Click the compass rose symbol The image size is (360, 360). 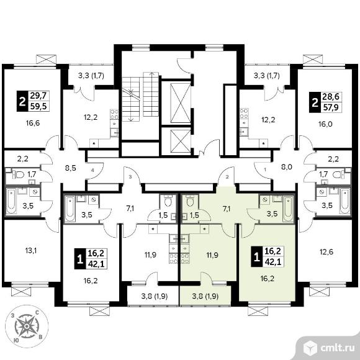[x=27, y=326]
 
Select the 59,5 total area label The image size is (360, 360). [x=38, y=107]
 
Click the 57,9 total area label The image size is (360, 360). [x=331, y=107]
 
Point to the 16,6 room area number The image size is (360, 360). [x=33, y=124]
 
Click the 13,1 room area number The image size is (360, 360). [x=31, y=251]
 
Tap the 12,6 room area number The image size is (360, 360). [x=326, y=252]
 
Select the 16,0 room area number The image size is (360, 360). [x=325, y=124]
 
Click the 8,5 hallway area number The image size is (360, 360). [x=71, y=168]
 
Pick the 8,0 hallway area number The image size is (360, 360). [x=287, y=167]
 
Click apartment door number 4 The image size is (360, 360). [x=92, y=170]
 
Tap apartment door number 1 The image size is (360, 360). [x=265, y=170]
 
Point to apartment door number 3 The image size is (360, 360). [x=130, y=177]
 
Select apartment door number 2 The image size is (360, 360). [x=227, y=177]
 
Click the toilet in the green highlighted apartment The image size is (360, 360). [x=190, y=201]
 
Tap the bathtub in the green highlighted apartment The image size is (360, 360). [x=288, y=209]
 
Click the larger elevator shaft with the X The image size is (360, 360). [x=181, y=103]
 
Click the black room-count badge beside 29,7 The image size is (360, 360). [x=22, y=101]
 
